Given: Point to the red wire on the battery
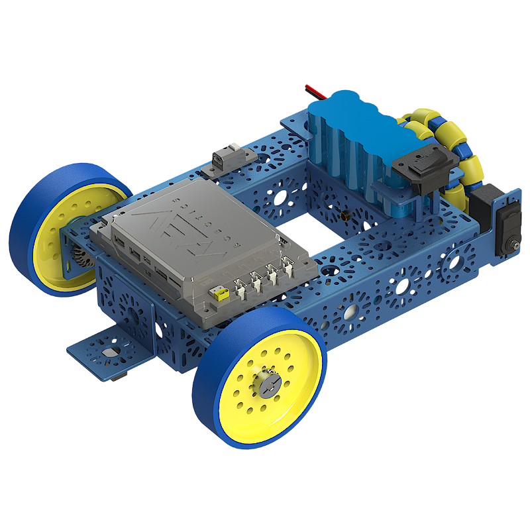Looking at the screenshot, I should click(x=313, y=92).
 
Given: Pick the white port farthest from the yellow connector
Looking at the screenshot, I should click(x=289, y=266).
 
